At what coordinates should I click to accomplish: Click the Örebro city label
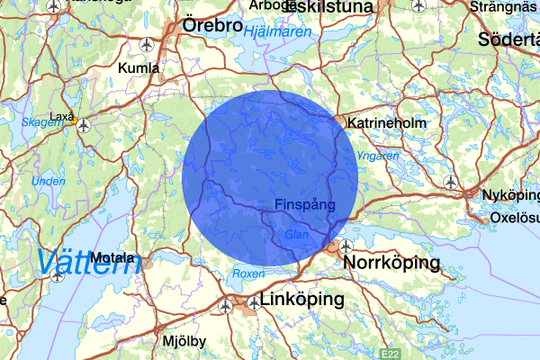point(212,26)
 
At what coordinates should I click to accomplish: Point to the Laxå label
point(62,116)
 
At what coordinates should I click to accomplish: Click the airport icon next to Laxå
point(84,125)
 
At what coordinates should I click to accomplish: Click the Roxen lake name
point(248,273)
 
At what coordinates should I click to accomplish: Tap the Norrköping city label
point(392,263)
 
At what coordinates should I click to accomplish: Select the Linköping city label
point(302,299)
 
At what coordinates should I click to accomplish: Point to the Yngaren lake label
point(377,156)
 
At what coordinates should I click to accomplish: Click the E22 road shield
point(390,354)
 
